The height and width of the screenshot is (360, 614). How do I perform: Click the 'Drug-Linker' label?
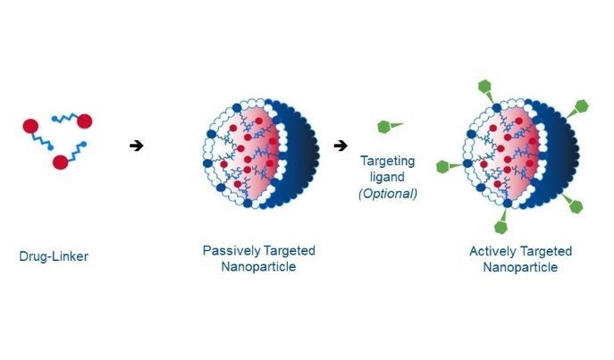tap(54, 256)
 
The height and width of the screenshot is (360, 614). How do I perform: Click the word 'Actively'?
tap(492, 251)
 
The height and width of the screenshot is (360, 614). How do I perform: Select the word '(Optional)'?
tap(388, 193)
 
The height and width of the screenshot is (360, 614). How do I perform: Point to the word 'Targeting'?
tap(387, 161)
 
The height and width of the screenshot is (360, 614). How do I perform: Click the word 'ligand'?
tap(387, 177)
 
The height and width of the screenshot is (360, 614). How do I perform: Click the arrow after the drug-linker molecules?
tap(137, 146)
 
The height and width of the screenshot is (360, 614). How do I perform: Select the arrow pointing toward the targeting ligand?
tap(341, 146)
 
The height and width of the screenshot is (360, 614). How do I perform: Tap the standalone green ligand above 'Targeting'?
tap(390, 126)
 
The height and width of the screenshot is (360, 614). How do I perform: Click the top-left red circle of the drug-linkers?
tap(30, 126)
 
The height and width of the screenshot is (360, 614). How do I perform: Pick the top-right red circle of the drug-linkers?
tap(85, 121)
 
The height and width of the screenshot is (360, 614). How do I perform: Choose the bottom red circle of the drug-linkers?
tap(60, 162)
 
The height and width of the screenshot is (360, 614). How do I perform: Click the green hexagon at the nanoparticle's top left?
tap(484, 87)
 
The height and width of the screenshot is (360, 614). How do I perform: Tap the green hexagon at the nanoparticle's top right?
tap(582, 106)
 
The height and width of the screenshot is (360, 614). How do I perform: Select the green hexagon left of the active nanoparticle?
tap(443, 167)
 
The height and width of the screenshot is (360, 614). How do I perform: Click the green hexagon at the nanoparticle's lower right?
tap(576, 206)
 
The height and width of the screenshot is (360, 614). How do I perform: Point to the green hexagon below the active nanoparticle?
tap(501, 227)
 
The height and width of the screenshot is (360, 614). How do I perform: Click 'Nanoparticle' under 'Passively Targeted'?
tap(258, 267)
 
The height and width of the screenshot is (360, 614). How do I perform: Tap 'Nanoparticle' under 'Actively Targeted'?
tap(520, 267)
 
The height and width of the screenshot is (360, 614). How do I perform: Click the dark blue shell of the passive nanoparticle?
tap(301, 154)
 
